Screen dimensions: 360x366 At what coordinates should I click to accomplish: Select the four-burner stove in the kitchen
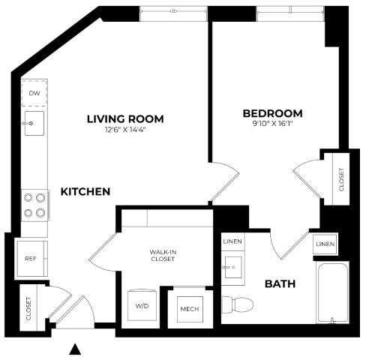pyautogui.click(x=34, y=205)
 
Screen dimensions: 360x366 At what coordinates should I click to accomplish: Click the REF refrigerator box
pyautogui.click(x=31, y=257)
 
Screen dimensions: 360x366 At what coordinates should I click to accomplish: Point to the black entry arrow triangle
pyautogui.click(x=74, y=348)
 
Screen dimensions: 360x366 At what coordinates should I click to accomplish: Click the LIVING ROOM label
pyautogui.click(x=125, y=119)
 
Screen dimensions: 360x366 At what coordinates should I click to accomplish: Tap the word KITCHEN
pyautogui.click(x=85, y=192)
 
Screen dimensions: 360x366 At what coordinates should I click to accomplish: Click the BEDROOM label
pyautogui.click(x=272, y=113)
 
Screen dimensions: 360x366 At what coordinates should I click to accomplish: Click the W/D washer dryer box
pyautogui.click(x=142, y=306)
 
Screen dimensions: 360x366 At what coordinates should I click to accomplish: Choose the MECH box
pyautogui.click(x=187, y=307)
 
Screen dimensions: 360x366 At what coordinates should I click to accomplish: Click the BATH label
pyautogui.click(x=279, y=284)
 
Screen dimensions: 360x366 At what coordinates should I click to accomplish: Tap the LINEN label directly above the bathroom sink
pyautogui.click(x=232, y=241)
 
